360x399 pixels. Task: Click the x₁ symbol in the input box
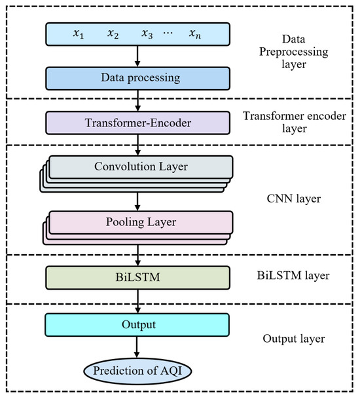79,34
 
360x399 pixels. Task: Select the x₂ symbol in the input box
113,34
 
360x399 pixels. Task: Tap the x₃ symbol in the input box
147,34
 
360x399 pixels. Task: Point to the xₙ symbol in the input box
195,34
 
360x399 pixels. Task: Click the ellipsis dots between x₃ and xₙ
168,33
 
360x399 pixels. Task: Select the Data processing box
138,79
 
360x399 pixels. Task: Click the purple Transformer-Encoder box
138,123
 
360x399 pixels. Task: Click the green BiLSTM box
138,278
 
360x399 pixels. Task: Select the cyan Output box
137,325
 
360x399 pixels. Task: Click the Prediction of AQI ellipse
137,371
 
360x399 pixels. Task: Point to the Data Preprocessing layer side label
294,52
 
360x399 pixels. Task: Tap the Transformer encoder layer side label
295,122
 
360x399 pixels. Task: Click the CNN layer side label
294,199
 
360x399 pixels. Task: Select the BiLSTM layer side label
293,276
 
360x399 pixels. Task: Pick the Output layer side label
294,339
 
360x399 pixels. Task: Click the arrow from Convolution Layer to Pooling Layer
137,202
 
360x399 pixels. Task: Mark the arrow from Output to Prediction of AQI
137,347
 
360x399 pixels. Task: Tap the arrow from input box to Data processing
137,56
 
